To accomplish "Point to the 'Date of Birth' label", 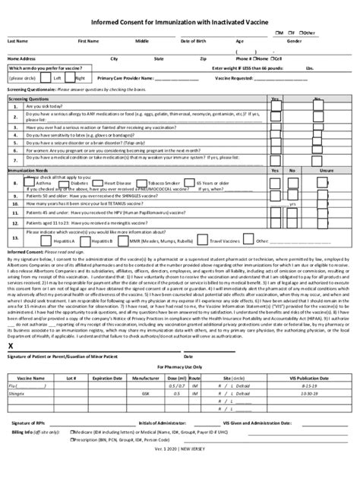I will pyautogui.click(x=193, y=40).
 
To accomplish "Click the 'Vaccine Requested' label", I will pyautogui.click(x=238, y=77).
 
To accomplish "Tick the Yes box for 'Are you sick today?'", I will pyautogui.click(x=273, y=107).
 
